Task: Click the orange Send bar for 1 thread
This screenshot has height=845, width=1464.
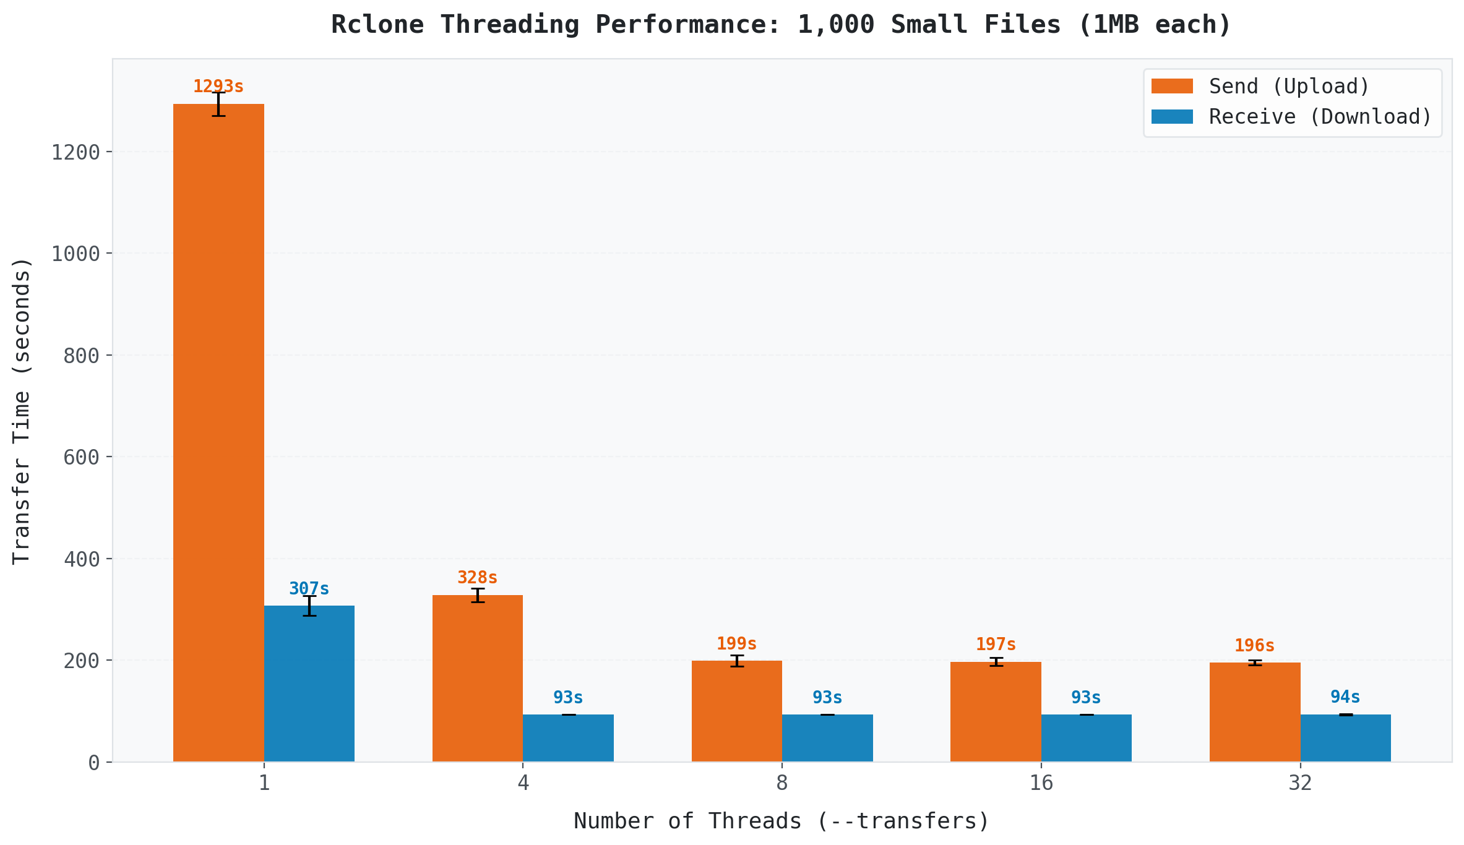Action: click(x=218, y=433)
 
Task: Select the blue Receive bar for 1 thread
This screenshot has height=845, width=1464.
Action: click(x=309, y=684)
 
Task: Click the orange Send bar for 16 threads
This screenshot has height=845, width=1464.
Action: click(x=996, y=711)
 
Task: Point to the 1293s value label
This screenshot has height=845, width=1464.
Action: click(x=218, y=87)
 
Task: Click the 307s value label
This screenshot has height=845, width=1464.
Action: click(x=309, y=589)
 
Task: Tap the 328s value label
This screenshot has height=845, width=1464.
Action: click(x=477, y=578)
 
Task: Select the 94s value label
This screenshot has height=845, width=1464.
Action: click(x=1345, y=697)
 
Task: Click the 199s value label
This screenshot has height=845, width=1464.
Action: click(x=736, y=644)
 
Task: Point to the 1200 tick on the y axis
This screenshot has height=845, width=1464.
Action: click(x=75, y=152)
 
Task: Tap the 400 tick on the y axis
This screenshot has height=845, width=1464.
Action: click(x=82, y=559)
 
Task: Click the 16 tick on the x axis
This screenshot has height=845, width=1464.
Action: click(x=1041, y=783)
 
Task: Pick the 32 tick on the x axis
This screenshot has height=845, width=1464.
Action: click(x=1300, y=783)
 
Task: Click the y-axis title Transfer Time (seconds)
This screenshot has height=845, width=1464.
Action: click(x=22, y=411)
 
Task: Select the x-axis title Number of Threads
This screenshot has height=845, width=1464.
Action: click(x=782, y=821)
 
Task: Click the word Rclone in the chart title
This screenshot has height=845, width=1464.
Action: click(x=377, y=25)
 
